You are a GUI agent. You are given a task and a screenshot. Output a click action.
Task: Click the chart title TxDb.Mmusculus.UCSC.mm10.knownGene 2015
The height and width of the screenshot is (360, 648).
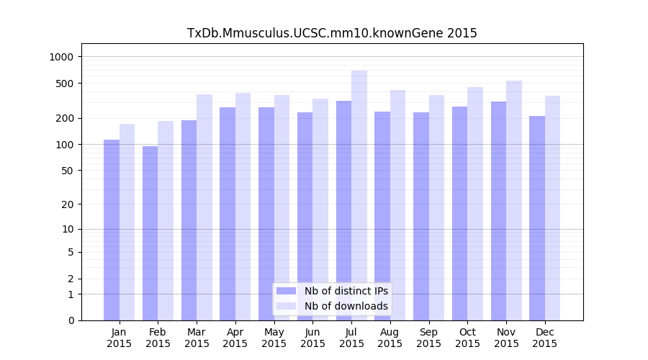(x=332, y=33)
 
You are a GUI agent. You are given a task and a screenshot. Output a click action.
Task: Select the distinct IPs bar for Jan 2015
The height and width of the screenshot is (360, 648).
(x=112, y=230)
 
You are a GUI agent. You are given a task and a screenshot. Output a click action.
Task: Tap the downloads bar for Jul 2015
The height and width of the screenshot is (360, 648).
(x=359, y=195)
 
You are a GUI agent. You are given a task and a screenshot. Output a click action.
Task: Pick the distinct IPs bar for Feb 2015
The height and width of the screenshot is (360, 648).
(x=150, y=233)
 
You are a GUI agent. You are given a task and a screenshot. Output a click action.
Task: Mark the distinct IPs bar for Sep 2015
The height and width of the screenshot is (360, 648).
(x=421, y=216)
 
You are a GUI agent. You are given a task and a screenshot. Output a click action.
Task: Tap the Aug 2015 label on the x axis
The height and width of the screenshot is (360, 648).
(x=390, y=338)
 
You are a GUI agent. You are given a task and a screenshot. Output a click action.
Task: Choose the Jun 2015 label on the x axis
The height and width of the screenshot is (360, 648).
(x=312, y=338)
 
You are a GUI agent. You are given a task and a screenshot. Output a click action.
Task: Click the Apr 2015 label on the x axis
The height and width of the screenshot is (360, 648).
(x=235, y=338)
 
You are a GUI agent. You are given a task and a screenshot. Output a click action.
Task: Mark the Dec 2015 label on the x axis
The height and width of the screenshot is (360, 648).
(x=545, y=338)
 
